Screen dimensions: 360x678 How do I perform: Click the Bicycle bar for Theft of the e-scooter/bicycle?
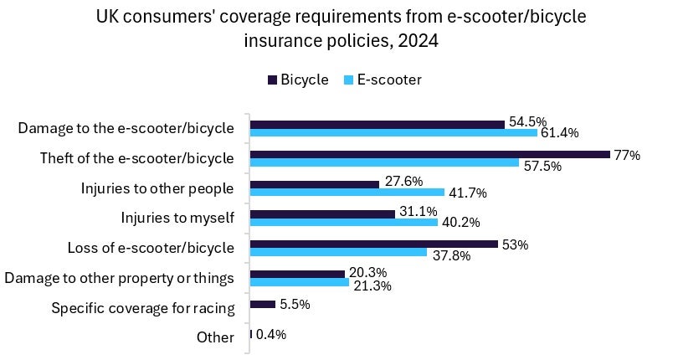point(429,154)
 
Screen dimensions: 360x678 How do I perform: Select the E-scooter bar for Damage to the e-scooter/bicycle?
point(393,132)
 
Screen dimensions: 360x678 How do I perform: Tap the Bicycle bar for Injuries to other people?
point(315,184)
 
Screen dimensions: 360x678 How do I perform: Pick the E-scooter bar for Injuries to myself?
point(344,223)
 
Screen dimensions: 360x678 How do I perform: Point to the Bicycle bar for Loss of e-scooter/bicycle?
point(374,244)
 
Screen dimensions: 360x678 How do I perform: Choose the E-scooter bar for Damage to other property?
point(300,282)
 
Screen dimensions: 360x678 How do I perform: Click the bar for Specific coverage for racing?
point(263,304)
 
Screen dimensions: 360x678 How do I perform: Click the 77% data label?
point(627,155)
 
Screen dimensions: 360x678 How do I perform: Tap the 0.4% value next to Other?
point(271,334)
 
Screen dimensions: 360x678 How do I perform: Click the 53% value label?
point(516,244)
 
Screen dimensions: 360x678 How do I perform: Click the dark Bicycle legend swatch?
point(272,80)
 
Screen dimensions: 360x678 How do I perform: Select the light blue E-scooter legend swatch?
point(349,80)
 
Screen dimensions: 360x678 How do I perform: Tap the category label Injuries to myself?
point(177,219)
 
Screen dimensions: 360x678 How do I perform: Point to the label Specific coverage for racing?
point(142,308)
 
